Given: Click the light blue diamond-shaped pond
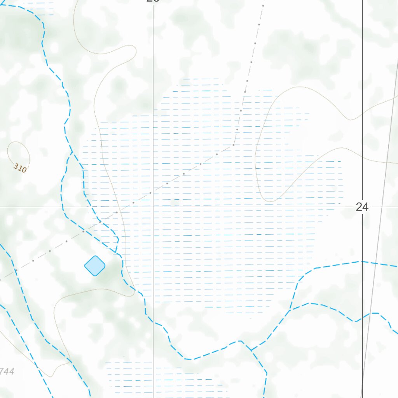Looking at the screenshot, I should click(x=94, y=266).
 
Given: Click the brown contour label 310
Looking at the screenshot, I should click(x=20, y=168).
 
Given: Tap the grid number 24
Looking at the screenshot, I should click(x=362, y=207).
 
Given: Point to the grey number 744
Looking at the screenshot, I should click(x=7, y=372).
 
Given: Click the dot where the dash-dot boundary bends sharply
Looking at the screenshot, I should click(x=234, y=145).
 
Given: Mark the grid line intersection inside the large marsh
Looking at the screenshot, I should click(x=153, y=207).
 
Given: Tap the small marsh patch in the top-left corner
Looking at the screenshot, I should click(x=39, y=9).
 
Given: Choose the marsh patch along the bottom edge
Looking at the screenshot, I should click(x=163, y=377).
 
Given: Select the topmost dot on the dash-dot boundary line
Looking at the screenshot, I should click(x=263, y=6).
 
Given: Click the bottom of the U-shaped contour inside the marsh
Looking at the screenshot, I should click(x=268, y=201).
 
